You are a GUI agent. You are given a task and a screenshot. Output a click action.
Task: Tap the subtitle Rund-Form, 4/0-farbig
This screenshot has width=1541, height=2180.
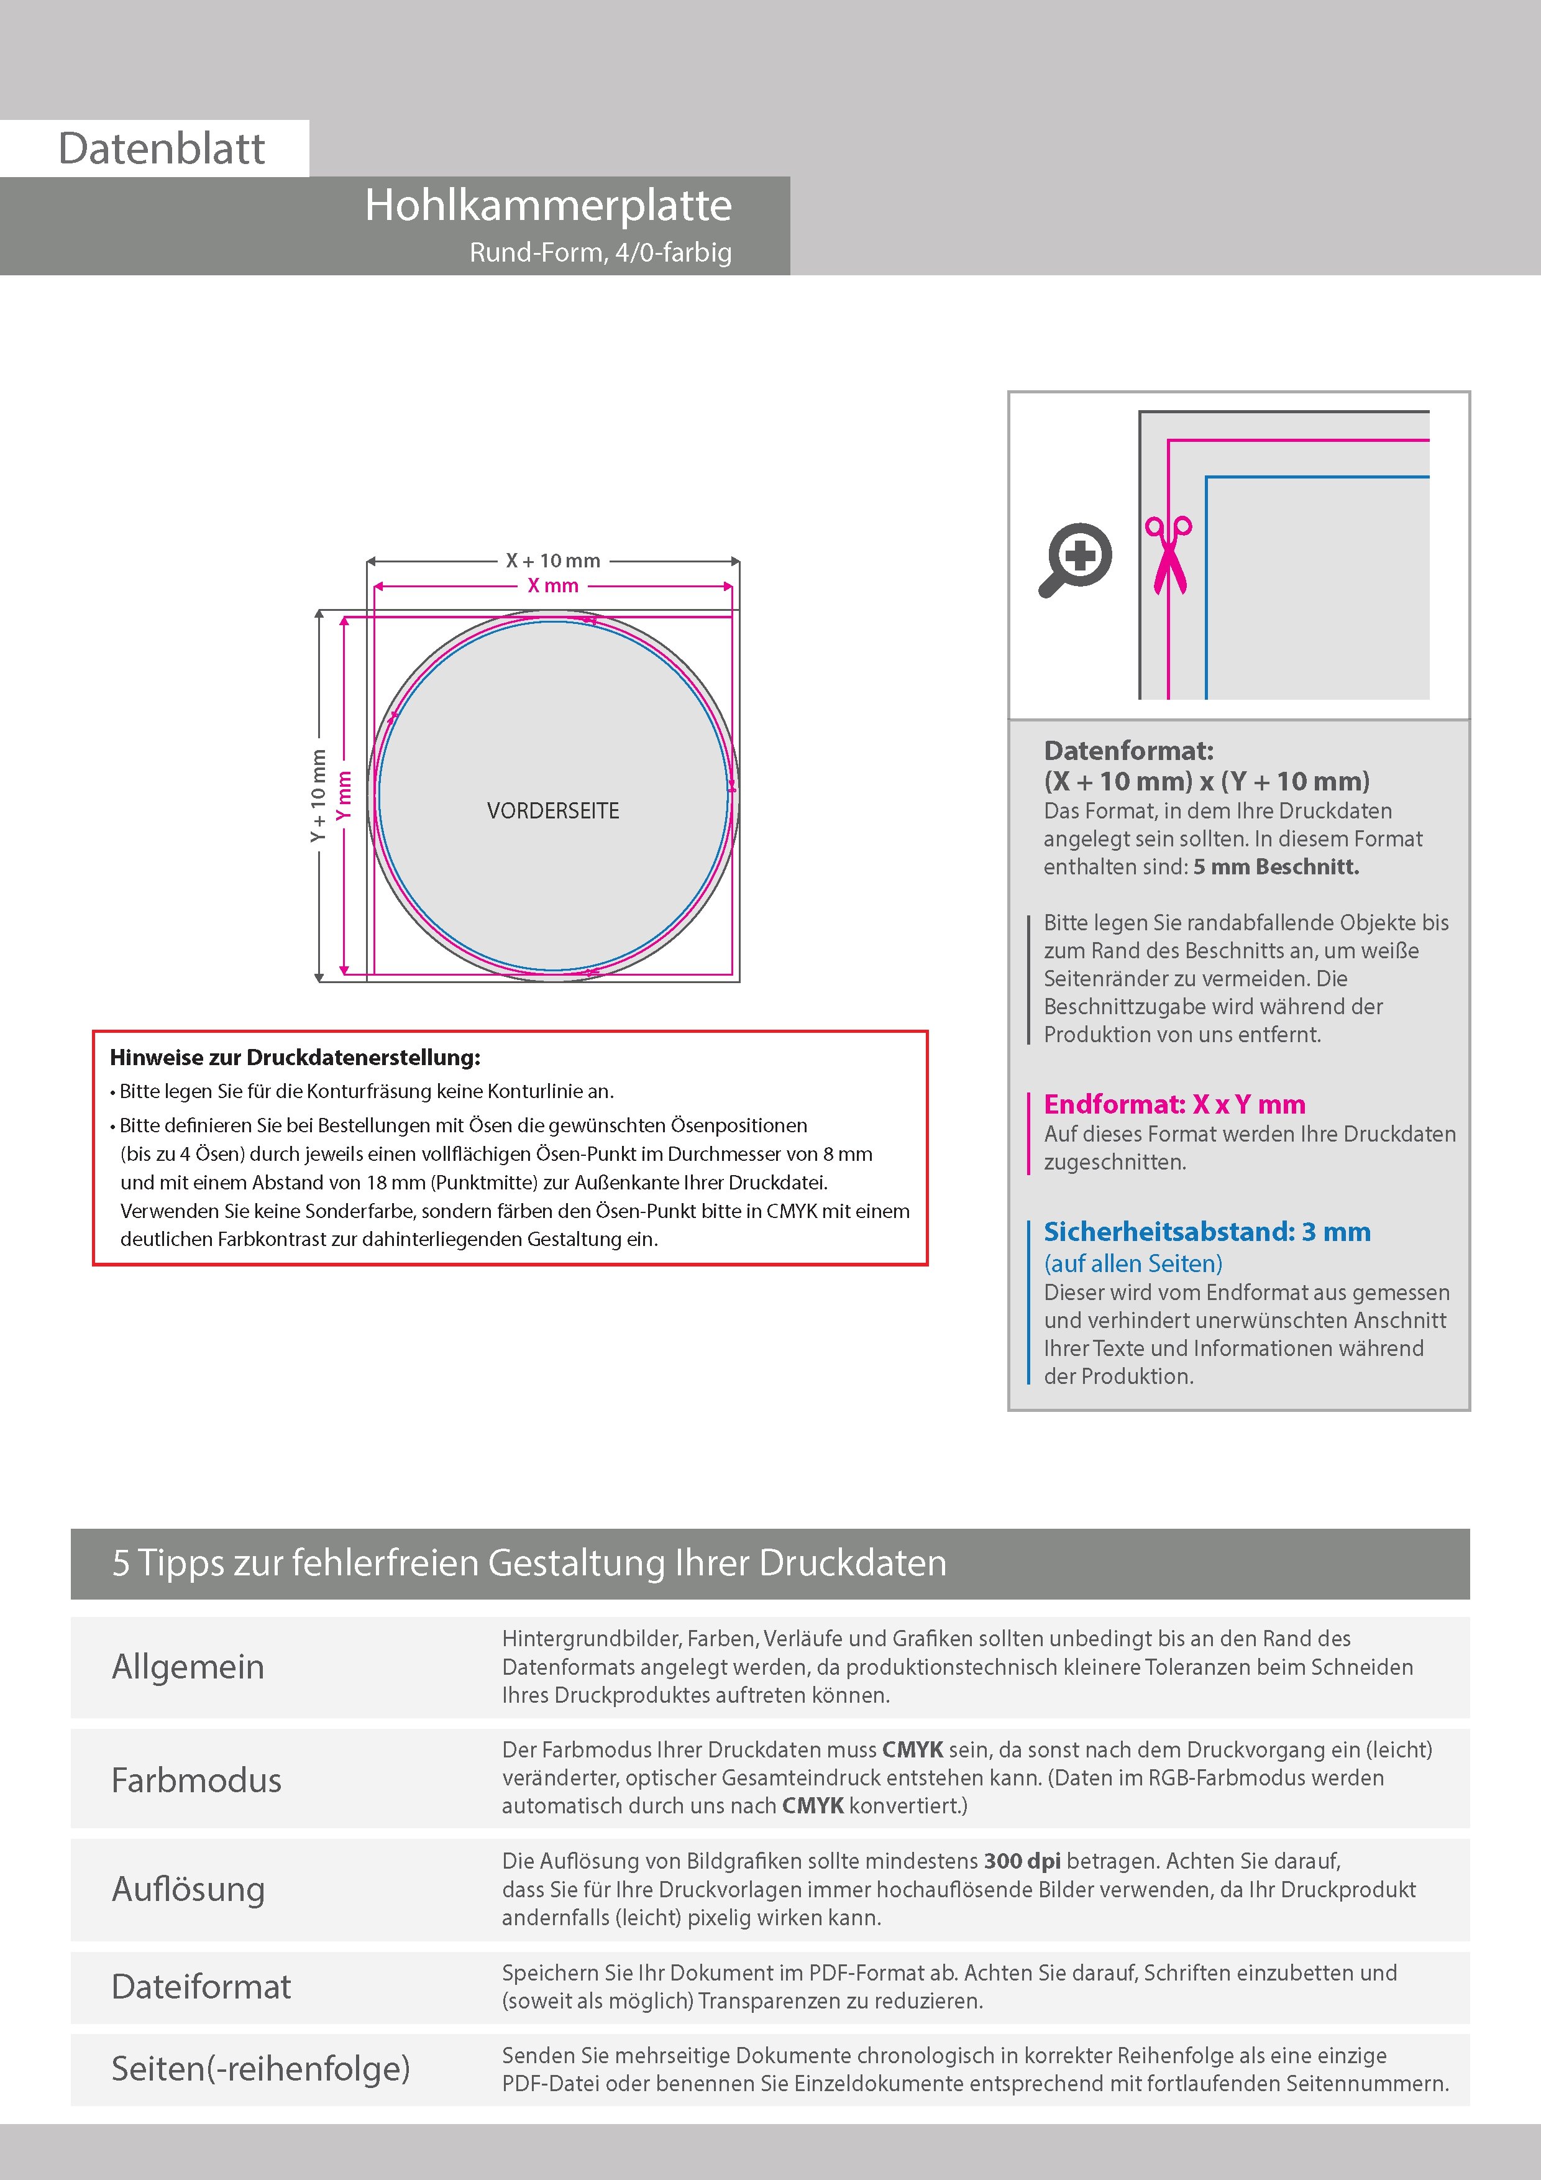(x=600, y=252)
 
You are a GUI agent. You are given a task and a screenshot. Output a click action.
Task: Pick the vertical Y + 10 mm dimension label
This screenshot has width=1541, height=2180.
(x=318, y=795)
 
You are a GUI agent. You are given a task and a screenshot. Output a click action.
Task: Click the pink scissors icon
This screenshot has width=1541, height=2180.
(x=1169, y=556)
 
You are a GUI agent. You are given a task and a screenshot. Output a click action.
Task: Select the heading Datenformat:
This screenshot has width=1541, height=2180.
(x=1128, y=751)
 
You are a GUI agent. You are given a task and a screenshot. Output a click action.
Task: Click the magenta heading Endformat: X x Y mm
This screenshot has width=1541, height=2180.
(x=1174, y=1104)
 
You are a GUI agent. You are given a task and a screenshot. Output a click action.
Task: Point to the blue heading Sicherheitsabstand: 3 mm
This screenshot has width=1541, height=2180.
(x=1207, y=1232)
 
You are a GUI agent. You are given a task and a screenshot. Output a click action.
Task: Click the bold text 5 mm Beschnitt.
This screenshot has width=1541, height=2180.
(x=1276, y=867)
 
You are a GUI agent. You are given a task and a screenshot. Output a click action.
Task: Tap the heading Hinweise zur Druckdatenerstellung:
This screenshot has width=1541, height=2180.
(x=295, y=1058)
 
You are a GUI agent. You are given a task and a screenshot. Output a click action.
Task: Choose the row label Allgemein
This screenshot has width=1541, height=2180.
(x=188, y=1666)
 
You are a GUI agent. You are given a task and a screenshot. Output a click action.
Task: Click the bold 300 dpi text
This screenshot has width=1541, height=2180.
(x=1023, y=1861)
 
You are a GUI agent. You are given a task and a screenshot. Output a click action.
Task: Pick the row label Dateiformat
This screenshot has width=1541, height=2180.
(x=201, y=1986)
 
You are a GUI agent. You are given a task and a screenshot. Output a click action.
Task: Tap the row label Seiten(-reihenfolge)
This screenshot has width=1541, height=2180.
(x=261, y=2068)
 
